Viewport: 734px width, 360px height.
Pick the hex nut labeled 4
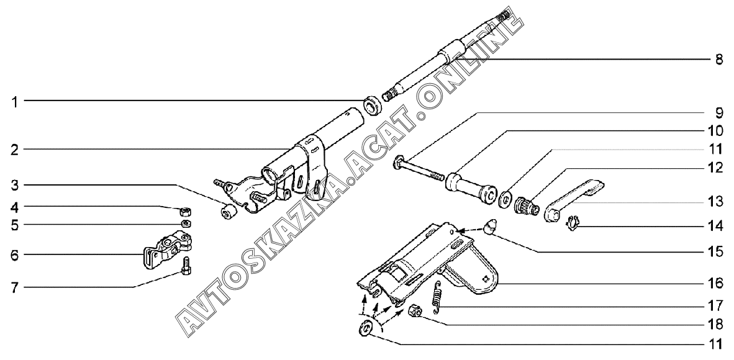tap(185, 210)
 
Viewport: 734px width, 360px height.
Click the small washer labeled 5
tap(185, 223)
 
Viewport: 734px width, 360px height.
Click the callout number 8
tap(718, 60)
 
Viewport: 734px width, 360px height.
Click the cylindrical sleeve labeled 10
tap(473, 189)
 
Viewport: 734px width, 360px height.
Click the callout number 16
tap(718, 284)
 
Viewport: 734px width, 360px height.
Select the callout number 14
tap(718, 227)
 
